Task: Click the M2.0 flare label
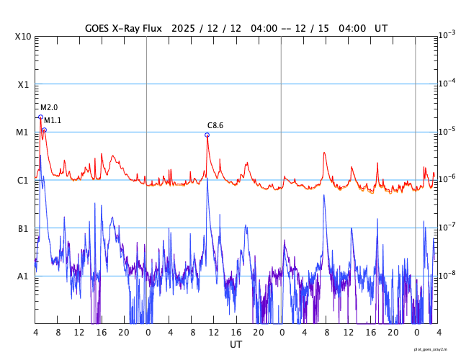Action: coord(48,107)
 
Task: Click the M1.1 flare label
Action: coord(53,120)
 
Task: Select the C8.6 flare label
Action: coord(215,125)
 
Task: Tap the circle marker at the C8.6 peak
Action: coord(207,135)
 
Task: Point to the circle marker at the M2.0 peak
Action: coord(40,116)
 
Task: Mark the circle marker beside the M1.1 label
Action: coord(44,130)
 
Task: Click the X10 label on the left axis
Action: coord(23,36)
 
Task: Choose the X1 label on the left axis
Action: coord(23,84)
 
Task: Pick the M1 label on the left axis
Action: coord(23,132)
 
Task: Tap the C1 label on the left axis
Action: coord(23,180)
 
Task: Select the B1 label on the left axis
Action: coord(23,228)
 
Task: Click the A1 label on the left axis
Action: coord(23,276)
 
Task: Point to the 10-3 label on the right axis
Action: coord(447,35)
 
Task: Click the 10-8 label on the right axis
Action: coord(447,275)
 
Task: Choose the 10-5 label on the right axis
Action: coord(447,131)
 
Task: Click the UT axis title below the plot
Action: coord(236,345)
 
